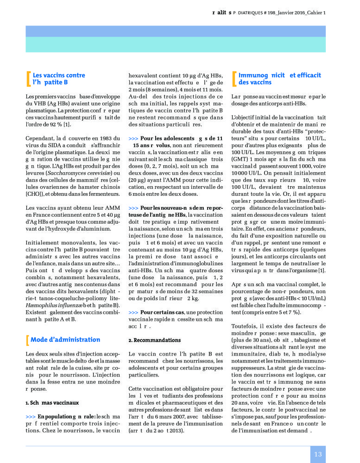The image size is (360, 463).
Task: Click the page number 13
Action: click(x=318, y=454)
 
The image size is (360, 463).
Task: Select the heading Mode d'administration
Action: click(x=65, y=339)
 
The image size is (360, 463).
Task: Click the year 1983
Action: click(x=106, y=138)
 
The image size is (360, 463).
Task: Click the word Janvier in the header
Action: click(x=280, y=13)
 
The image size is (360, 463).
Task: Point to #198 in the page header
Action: click(x=256, y=13)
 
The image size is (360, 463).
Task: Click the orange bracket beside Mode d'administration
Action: click(x=28, y=339)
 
